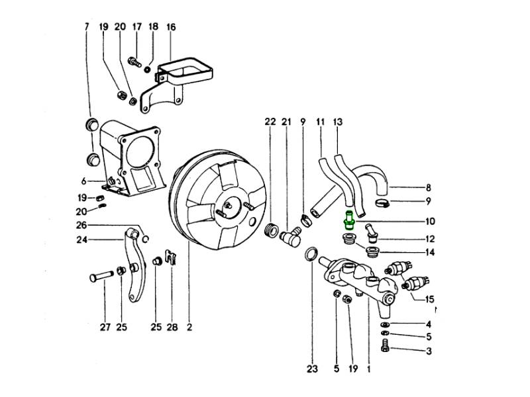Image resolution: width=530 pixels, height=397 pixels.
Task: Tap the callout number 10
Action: pos(429,222)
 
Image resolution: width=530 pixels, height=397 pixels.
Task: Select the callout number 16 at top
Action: pos(170,27)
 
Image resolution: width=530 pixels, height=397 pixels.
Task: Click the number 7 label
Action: pos(86,27)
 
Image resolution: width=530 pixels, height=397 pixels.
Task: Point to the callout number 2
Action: pos(189,326)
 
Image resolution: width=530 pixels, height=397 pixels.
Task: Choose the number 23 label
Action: pos(312,369)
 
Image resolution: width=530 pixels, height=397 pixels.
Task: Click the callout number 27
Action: pos(104,326)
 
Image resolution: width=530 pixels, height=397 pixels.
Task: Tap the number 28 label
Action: pos(172,326)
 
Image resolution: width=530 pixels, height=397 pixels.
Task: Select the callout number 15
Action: pos(429,299)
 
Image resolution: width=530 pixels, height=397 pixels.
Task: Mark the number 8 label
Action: pos(429,187)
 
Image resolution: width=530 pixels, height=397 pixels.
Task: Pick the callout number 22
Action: pos(270,122)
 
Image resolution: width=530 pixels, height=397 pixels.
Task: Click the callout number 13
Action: pos(338,122)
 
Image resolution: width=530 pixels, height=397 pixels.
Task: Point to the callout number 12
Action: pos(429,239)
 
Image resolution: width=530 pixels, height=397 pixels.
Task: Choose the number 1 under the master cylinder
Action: pos(368,369)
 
